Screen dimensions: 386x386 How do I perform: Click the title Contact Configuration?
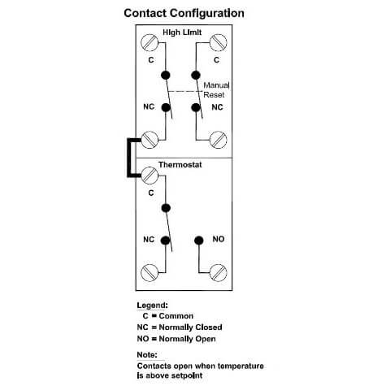[184, 13]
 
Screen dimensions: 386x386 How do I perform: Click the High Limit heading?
[182, 33]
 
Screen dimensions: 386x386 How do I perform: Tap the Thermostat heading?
[180, 165]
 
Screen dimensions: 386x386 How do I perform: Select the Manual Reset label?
[216, 90]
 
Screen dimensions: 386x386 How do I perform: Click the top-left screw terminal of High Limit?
[150, 42]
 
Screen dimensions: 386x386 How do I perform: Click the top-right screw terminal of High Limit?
[219, 42]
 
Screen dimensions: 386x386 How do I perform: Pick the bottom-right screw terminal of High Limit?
[219, 140]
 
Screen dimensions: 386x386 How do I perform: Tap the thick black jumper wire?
[129, 158]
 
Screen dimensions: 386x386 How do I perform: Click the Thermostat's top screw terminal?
[150, 176]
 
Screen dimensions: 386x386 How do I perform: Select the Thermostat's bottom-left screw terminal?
[150, 272]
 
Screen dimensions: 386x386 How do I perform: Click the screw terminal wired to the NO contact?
[219, 272]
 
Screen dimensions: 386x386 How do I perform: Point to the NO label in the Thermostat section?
[219, 239]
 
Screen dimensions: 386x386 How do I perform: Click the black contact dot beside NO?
[199, 241]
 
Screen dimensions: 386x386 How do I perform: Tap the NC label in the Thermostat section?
[149, 240]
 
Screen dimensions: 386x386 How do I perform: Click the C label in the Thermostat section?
[151, 193]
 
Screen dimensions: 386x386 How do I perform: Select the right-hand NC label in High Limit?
[217, 107]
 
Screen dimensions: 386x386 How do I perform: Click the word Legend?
[152, 306]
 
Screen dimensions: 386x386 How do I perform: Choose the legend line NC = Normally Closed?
[180, 327]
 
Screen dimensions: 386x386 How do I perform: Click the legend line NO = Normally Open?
[176, 339]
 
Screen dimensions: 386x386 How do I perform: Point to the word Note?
[147, 354]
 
